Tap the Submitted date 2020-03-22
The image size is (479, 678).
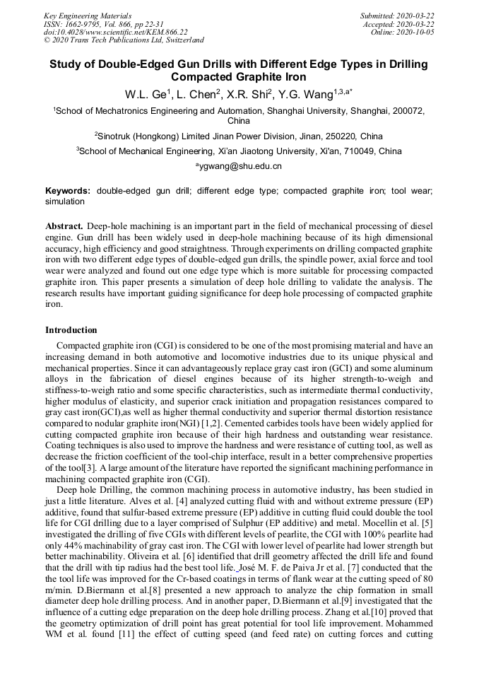click(397, 16)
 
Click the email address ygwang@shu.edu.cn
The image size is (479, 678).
click(239, 166)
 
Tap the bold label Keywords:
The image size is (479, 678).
click(68, 191)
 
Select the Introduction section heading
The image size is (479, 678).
click(71, 330)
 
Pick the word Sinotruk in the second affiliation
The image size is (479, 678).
click(117, 136)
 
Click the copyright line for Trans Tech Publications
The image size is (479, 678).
click(124, 40)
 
